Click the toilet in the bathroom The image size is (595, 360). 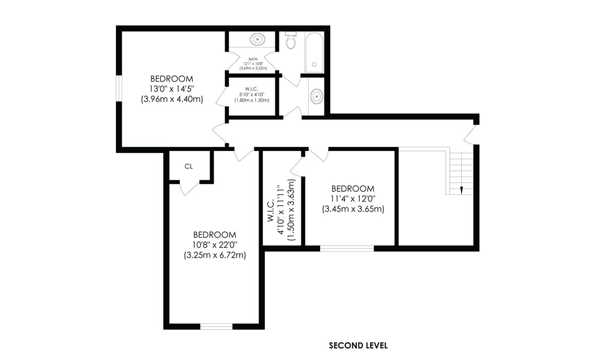pyautogui.click(x=291, y=41)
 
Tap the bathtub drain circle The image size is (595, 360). pyautogui.click(x=314, y=64)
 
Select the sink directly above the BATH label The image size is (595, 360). pyautogui.click(x=256, y=39)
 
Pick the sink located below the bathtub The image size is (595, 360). pyautogui.click(x=316, y=96)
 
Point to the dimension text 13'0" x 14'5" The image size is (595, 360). pyautogui.click(x=172, y=89)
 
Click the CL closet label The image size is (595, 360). pyautogui.click(x=189, y=166)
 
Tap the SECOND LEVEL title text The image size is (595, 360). pyautogui.click(x=358, y=345)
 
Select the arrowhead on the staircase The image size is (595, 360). pyautogui.click(x=461, y=190)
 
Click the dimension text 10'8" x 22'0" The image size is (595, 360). pyautogui.click(x=214, y=245)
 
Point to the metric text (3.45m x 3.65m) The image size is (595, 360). pyautogui.click(x=353, y=209)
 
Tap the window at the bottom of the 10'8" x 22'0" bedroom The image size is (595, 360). pyautogui.click(x=216, y=327)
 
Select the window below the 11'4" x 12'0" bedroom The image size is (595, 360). pyautogui.click(x=347, y=248)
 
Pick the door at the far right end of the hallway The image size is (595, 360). pyautogui.click(x=471, y=134)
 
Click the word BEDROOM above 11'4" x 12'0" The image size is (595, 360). pyautogui.click(x=353, y=189)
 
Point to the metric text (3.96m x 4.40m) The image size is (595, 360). pyautogui.click(x=172, y=99)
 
